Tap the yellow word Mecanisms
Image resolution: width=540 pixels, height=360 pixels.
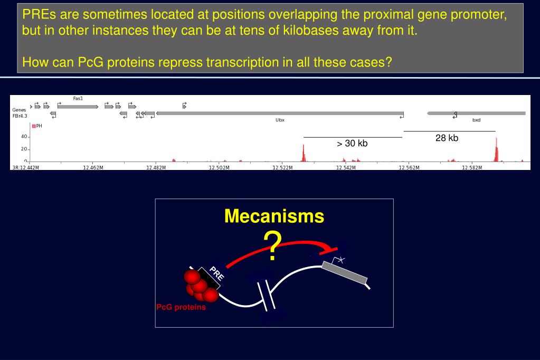click(x=274, y=216)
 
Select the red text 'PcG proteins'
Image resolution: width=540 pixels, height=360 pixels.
click(x=181, y=308)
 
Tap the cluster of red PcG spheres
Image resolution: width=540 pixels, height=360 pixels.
click(x=200, y=285)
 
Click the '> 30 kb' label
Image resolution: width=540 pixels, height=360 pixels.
click(x=352, y=144)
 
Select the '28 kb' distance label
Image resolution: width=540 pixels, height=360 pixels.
click(x=447, y=138)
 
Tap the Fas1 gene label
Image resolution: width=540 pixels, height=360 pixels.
click(x=78, y=99)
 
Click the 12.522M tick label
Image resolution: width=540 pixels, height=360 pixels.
click(x=282, y=168)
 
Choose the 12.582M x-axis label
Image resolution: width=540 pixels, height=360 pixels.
click(x=471, y=168)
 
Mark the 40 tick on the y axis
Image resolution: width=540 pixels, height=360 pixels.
click(x=24, y=137)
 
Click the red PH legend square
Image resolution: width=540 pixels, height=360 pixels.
click(x=34, y=126)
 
